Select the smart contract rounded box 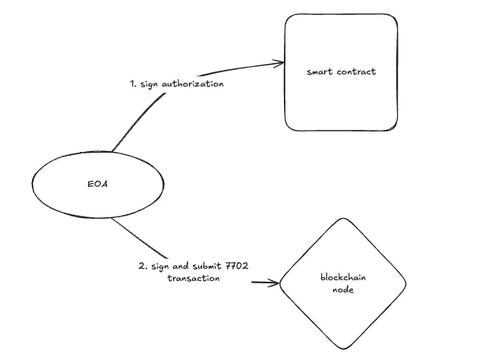click(342, 72)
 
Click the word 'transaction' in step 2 click(194, 279)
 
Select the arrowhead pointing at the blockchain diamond click(275, 285)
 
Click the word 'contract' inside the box click(358, 72)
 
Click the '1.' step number click(134, 84)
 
